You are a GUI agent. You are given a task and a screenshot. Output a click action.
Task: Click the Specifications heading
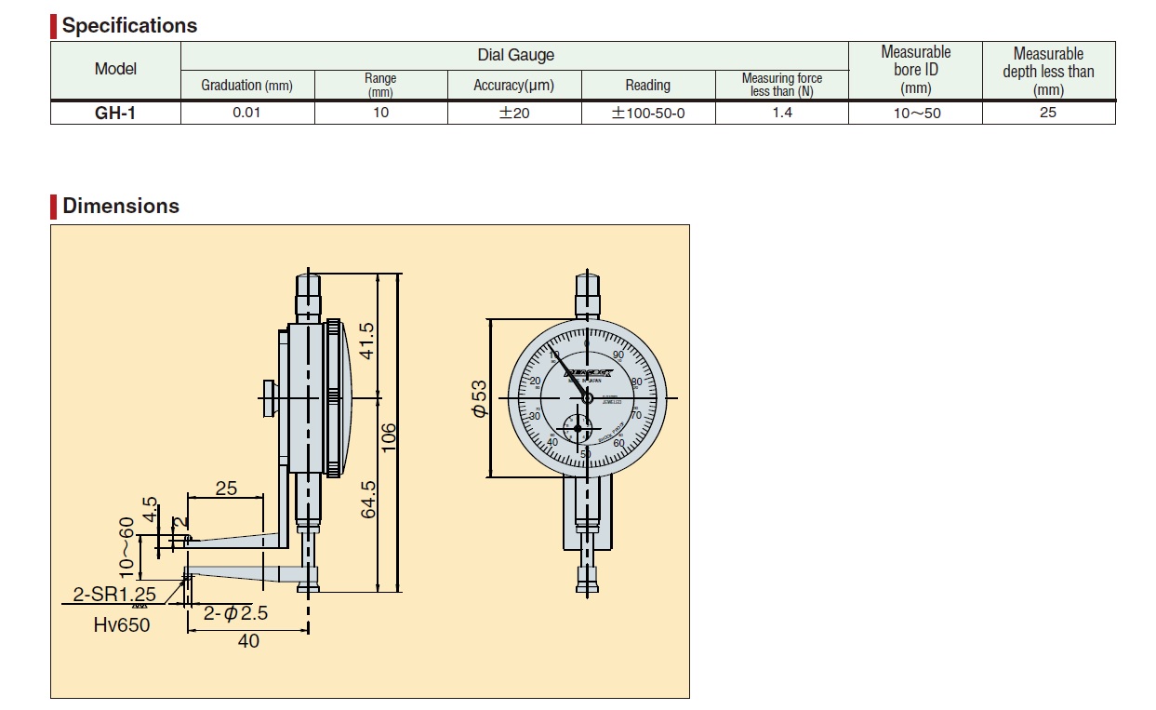point(129,25)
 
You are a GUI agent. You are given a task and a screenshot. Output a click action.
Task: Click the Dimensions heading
point(121,206)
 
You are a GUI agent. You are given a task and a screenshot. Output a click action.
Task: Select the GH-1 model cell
point(115,113)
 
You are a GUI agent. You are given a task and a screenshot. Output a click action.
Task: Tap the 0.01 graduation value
point(246,113)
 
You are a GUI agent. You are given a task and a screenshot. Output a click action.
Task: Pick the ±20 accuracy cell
point(514,113)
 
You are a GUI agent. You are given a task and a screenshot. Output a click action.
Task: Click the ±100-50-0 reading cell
point(648,113)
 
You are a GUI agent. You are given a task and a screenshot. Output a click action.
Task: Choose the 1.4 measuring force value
point(782,113)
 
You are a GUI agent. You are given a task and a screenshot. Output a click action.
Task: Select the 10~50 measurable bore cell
point(915,113)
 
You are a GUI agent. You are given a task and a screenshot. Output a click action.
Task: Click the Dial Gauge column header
point(515,56)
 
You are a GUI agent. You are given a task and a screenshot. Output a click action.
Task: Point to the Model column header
point(115,69)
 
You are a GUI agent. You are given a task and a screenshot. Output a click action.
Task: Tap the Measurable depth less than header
point(1048,71)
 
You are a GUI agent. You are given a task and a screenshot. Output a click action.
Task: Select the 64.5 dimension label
point(366,499)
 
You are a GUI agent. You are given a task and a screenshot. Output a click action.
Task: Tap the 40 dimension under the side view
point(248,640)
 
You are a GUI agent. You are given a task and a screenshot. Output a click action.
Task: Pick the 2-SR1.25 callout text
point(114,594)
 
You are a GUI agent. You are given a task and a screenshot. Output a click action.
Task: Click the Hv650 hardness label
point(121,624)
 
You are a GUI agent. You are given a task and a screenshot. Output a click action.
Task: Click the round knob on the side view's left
point(269,399)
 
